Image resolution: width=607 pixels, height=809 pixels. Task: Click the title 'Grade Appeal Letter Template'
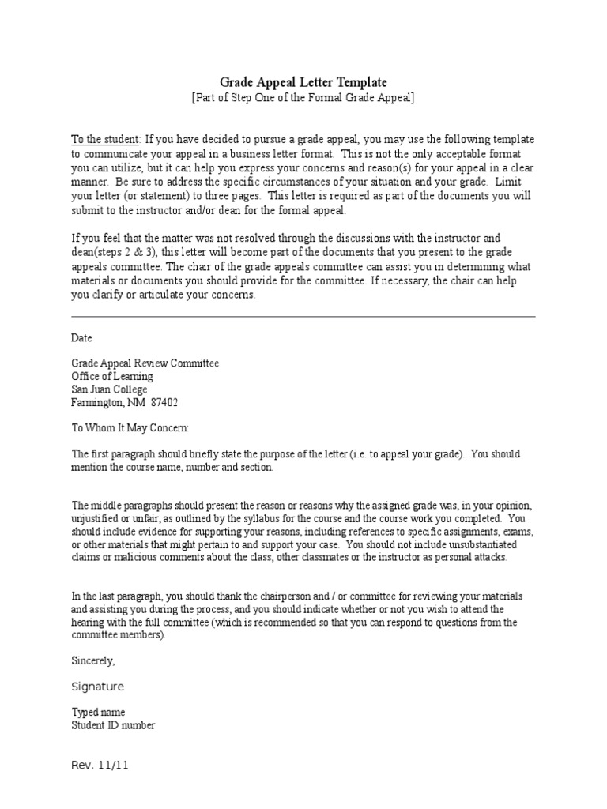point(303,82)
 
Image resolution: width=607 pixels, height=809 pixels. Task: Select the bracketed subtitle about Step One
point(303,97)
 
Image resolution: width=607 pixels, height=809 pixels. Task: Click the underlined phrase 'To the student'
point(105,139)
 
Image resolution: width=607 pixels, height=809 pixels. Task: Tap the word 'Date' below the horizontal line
point(82,337)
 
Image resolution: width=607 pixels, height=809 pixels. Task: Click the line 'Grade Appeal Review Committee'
point(145,363)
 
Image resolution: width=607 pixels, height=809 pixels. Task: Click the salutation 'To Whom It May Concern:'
point(130,427)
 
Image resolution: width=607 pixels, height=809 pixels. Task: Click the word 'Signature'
point(98,687)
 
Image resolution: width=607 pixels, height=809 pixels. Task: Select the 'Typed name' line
point(98,713)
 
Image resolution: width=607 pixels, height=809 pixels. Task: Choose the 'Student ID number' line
point(113,725)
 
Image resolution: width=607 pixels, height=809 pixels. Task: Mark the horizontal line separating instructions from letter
point(303,316)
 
